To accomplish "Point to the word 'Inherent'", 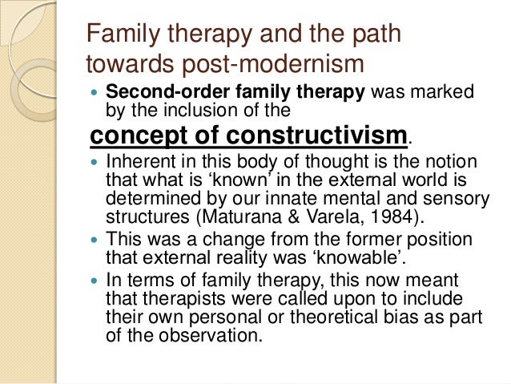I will tap(140, 161).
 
